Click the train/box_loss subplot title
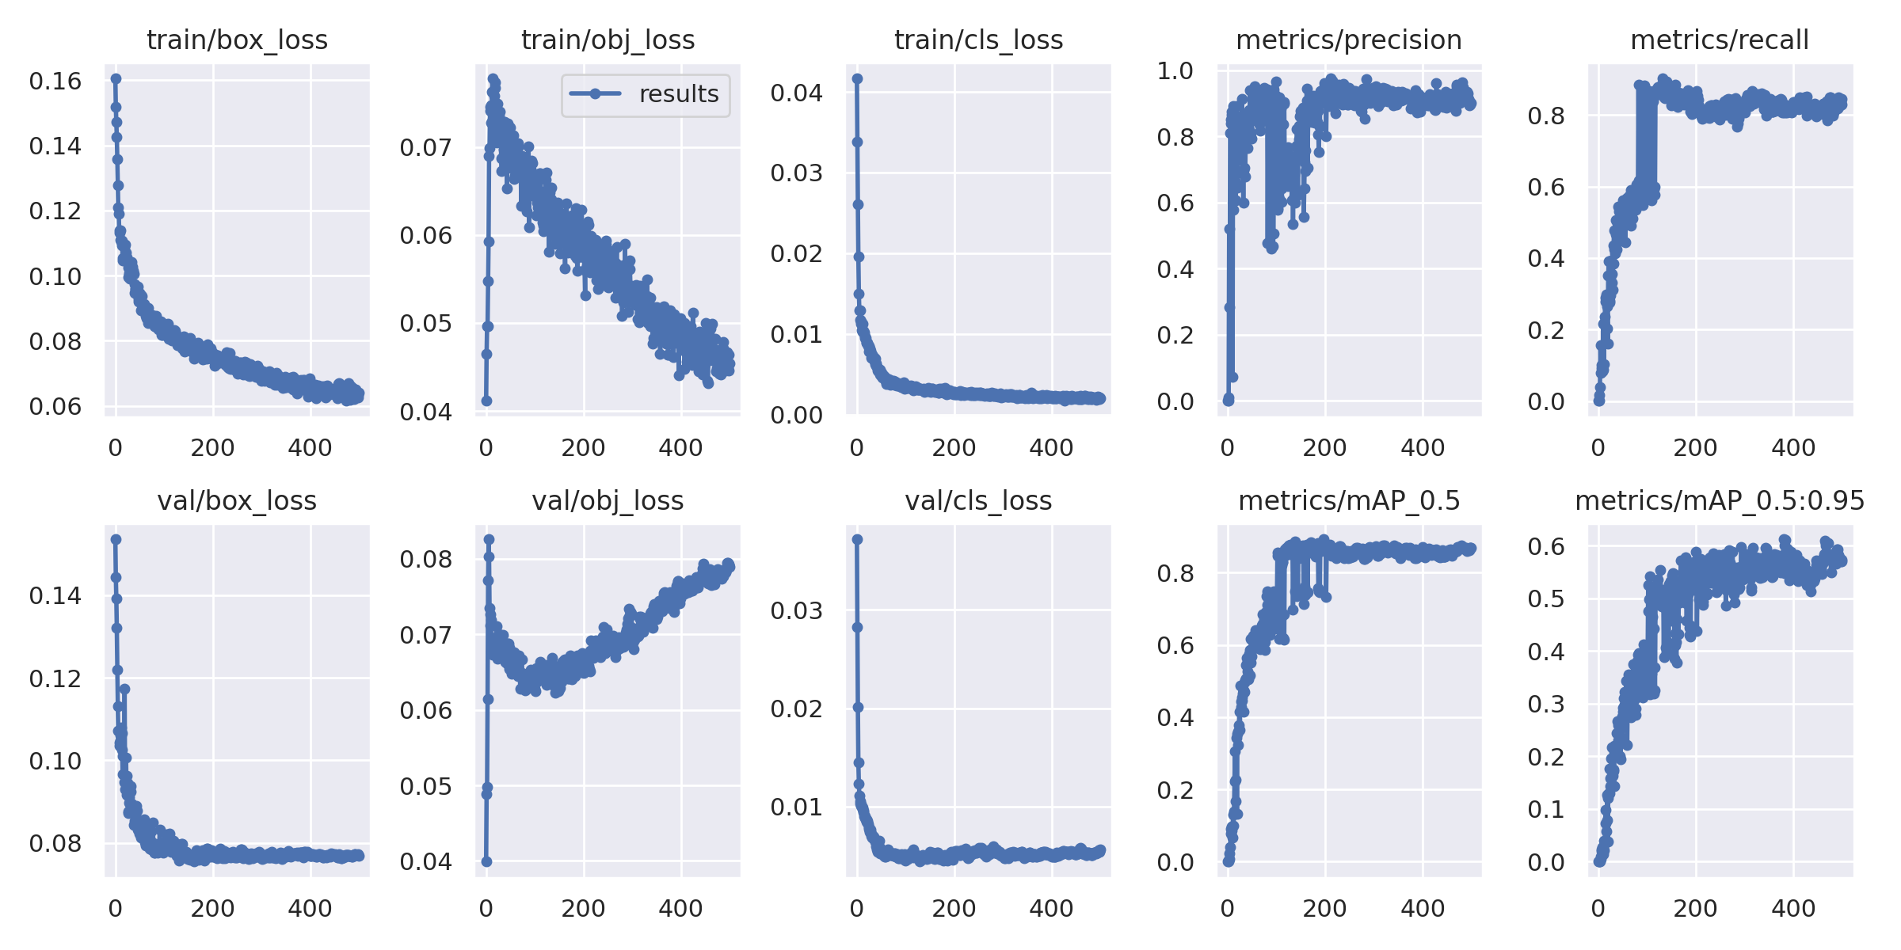point(237,40)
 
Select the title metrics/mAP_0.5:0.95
point(1720,501)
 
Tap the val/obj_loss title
point(608,501)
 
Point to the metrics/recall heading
point(1720,40)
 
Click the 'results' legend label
point(679,94)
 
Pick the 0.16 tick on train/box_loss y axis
point(55,81)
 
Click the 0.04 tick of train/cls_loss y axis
point(797,93)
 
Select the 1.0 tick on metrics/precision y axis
point(1175,70)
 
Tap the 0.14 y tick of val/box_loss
point(55,595)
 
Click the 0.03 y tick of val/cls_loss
point(797,610)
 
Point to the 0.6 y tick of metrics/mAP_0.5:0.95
point(1546,546)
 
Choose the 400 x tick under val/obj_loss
point(680,909)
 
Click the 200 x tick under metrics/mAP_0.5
point(1325,909)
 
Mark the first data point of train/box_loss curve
point(116,78)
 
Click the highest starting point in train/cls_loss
point(857,78)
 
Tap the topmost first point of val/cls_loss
point(857,539)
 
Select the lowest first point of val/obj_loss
point(486,861)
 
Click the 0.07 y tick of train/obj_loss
point(426,148)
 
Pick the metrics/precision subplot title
point(1349,40)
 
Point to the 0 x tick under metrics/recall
point(1598,448)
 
